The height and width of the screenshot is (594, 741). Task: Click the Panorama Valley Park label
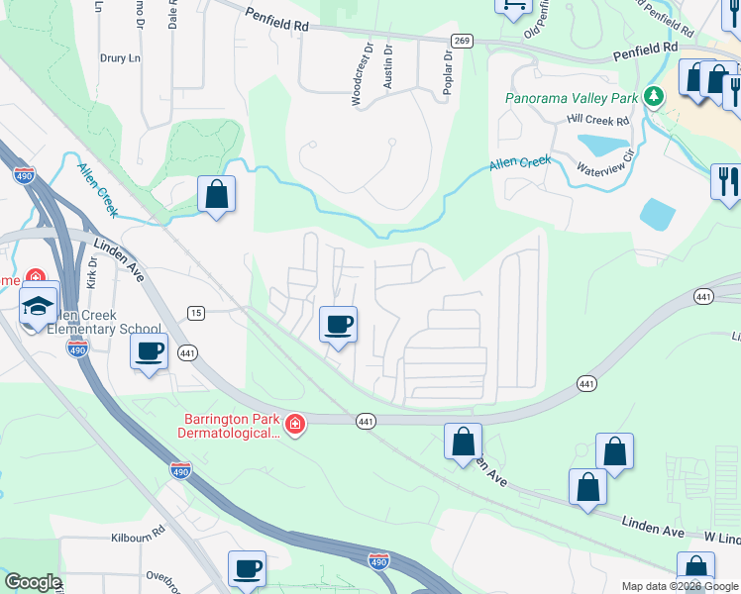click(x=571, y=99)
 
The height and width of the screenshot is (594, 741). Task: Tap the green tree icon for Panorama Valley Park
click(x=653, y=96)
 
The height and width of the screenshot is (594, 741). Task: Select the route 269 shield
click(x=461, y=41)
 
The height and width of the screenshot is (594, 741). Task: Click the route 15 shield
click(x=196, y=313)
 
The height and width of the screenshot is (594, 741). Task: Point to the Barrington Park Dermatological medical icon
click(x=294, y=425)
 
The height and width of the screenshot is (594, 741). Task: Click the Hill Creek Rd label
click(x=598, y=120)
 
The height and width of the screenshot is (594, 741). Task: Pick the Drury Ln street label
click(x=120, y=58)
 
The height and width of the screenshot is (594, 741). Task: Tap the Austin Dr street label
click(x=388, y=67)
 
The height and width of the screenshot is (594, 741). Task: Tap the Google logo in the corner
click(x=33, y=582)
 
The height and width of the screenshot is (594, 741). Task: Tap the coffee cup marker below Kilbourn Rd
click(x=248, y=568)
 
